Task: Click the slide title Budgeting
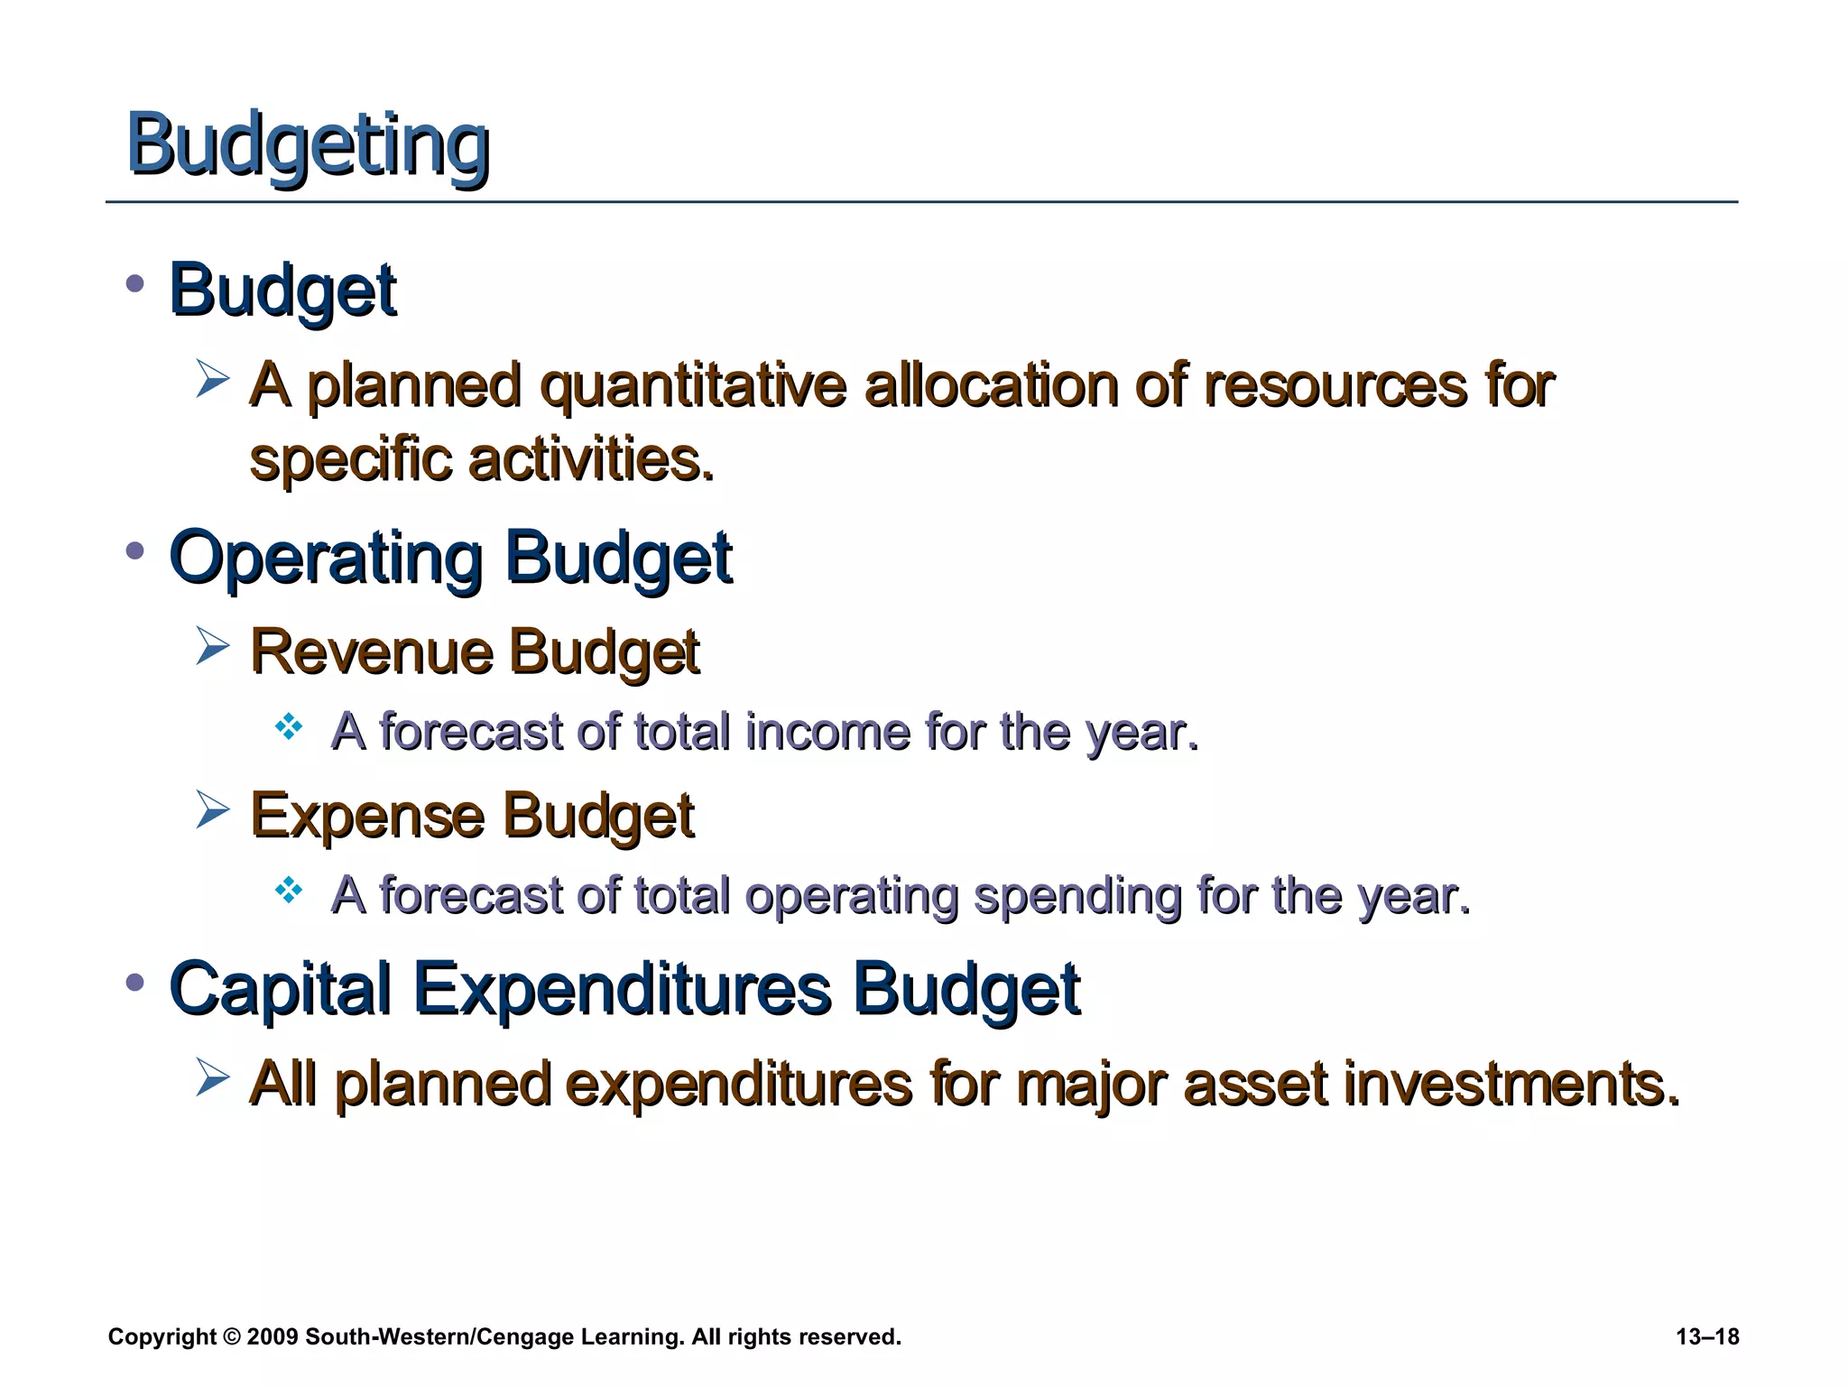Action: coord(307,145)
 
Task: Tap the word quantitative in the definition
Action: coord(692,386)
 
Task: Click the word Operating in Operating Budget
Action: coord(326,559)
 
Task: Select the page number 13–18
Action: coord(1707,1336)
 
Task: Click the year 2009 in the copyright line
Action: coord(272,1336)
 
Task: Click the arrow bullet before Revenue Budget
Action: coord(213,646)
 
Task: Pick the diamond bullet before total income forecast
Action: coord(289,726)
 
